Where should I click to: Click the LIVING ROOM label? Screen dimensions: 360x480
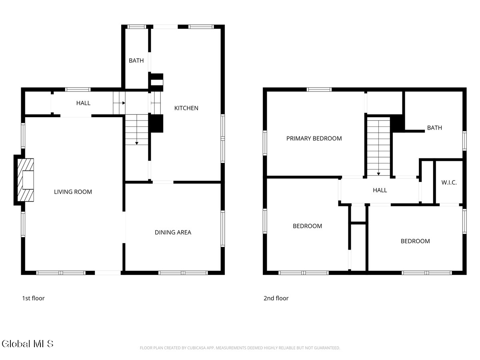(x=73, y=192)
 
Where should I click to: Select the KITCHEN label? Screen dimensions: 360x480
(x=186, y=108)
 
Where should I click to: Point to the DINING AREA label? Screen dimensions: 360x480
(x=173, y=232)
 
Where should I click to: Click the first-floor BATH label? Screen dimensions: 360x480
(x=136, y=61)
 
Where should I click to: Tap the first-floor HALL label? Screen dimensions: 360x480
(x=83, y=103)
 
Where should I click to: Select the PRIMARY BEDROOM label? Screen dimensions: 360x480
(x=314, y=138)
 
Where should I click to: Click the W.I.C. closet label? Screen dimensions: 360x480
(x=449, y=182)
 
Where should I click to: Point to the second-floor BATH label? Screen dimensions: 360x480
(x=434, y=128)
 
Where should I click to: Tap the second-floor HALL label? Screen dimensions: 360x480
(x=380, y=190)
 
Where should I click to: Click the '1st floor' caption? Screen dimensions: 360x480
(x=33, y=298)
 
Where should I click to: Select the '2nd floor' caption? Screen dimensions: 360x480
(x=276, y=298)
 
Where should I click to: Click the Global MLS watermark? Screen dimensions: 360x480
(x=27, y=344)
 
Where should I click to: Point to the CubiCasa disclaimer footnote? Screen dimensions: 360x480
(x=240, y=348)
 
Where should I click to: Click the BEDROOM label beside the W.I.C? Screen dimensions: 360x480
(x=415, y=241)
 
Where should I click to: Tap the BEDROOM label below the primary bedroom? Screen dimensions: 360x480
(x=307, y=226)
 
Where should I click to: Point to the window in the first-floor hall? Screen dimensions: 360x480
(x=78, y=90)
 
